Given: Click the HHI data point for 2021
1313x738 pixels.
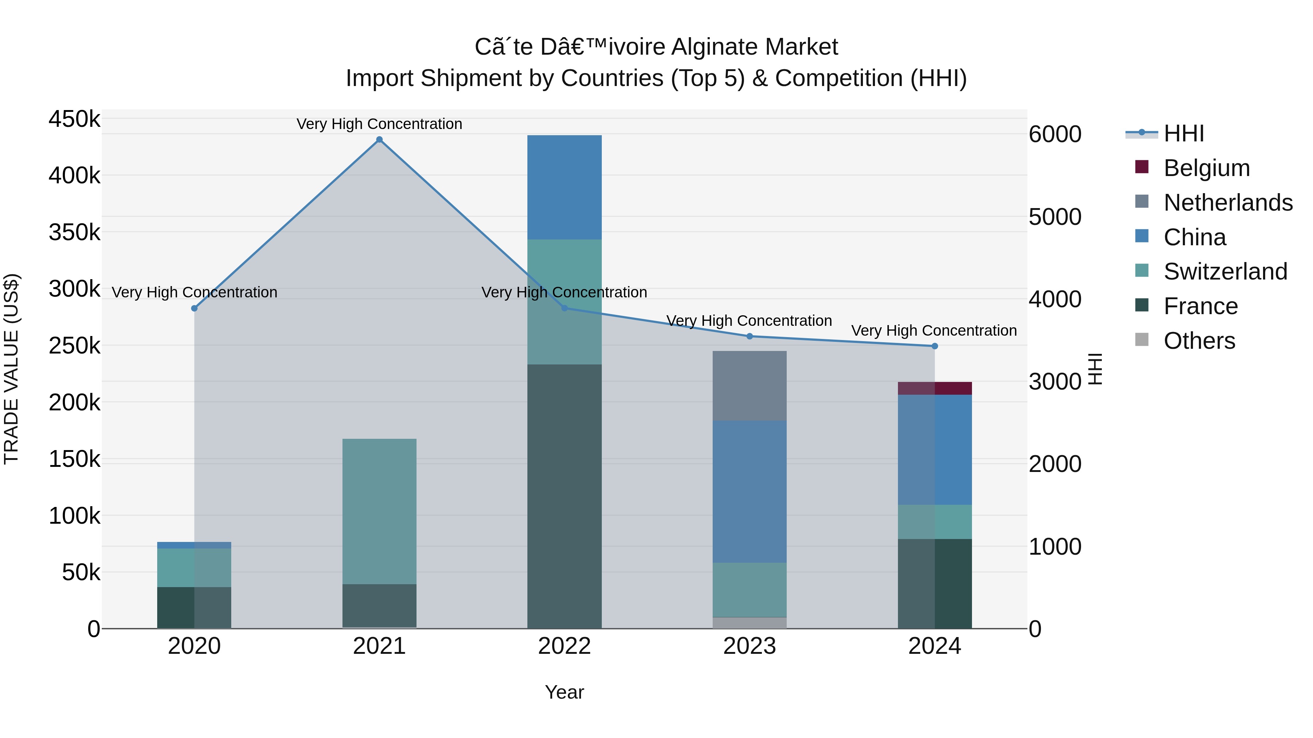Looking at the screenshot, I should (379, 140).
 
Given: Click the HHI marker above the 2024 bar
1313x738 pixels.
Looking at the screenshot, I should (934, 346).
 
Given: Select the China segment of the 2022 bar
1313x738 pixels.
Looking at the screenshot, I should (564, 187).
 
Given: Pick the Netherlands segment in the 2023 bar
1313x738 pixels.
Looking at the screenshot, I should (749, 386).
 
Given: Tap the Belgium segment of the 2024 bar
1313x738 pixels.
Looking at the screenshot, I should (934, 388).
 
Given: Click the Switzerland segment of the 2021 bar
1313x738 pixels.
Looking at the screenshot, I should (379, 511).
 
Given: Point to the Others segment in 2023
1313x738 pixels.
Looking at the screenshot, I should (749, 622).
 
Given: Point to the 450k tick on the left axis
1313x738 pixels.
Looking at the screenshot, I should (74, 119).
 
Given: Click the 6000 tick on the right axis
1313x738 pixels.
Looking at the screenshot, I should (1054, 134).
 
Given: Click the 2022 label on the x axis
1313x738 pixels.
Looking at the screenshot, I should (564, 646).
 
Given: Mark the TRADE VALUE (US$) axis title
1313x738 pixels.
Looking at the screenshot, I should (12, 369).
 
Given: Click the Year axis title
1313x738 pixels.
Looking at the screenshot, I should (564, 692).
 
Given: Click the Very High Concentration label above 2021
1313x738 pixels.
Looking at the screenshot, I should (379, 124).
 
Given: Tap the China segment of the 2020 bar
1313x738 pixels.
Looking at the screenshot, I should (194, 545).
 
